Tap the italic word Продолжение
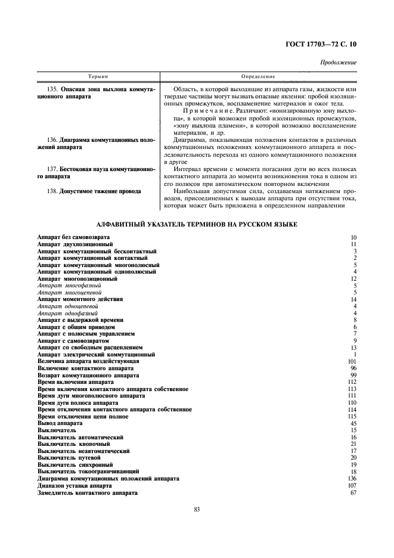pos(339,63)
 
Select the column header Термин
pos(98,77)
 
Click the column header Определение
pos(258,77)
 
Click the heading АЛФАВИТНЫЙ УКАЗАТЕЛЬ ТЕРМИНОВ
pos(197,224)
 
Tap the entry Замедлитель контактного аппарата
pos(88,493)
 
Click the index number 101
pos(351,361)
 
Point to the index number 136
pos(351,479)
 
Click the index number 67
pos(353,493)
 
